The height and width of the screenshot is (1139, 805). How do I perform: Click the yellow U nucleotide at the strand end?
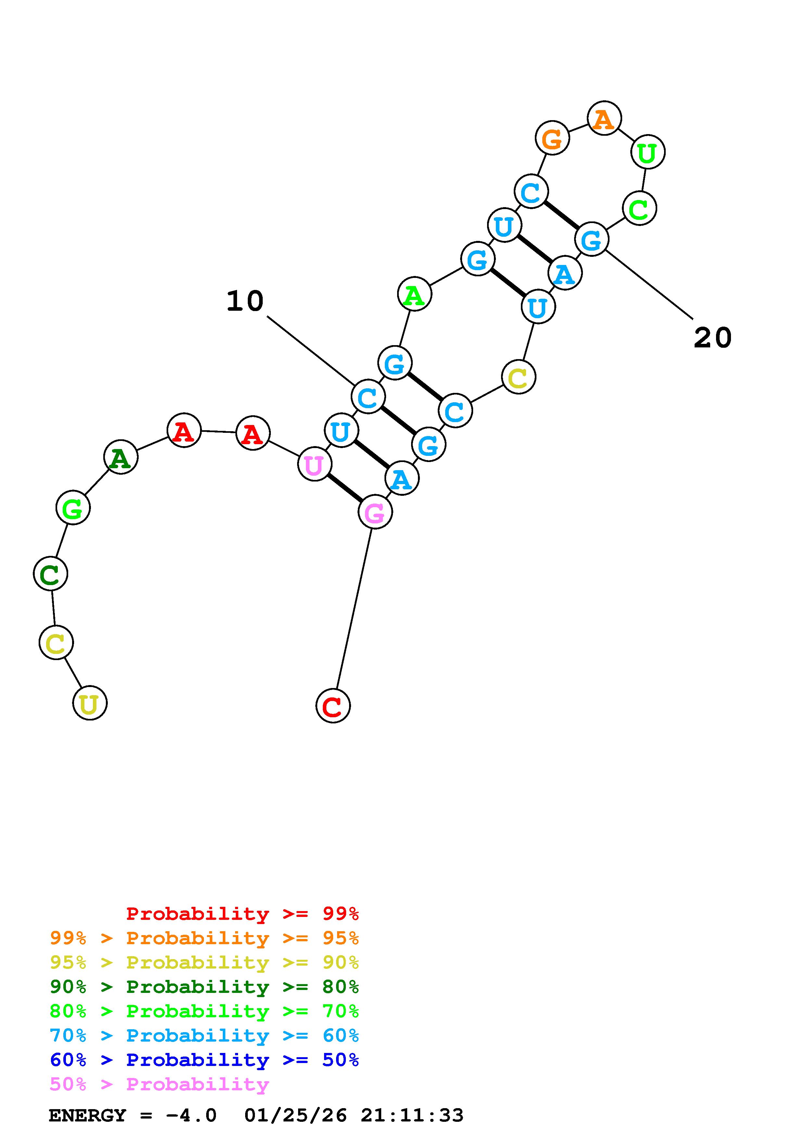point(90,703)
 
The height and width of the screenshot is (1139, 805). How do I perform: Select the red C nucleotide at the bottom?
point(333,706)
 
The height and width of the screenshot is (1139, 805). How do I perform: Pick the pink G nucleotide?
point(375,512)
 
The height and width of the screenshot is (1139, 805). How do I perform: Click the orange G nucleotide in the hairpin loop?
point(552,138)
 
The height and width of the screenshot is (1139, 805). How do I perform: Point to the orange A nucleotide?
point(604,119)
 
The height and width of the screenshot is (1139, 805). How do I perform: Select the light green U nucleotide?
point(647,152)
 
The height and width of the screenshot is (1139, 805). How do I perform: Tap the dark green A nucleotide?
point(120,457)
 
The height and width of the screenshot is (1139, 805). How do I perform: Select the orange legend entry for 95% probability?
point(204,938)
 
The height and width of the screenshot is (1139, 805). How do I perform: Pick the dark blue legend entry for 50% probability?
point(204,1060)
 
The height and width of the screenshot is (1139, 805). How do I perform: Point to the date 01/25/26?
point(296,1116)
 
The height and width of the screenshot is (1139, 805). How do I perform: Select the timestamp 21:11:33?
point(412,1116)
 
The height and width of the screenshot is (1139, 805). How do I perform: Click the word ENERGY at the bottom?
point(87,1116)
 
